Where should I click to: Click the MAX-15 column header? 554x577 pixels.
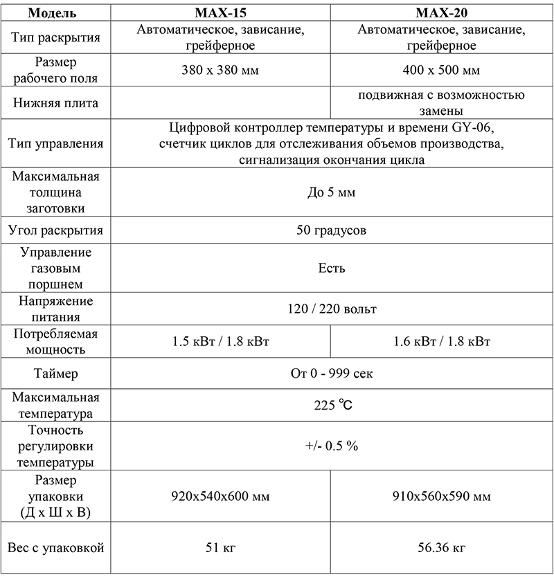[x=220, y=13]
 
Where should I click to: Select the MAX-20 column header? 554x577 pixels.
[x=441, y=13]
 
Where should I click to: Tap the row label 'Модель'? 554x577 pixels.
[x=55, y=13]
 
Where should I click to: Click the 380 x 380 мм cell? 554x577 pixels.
[x=220, y=70]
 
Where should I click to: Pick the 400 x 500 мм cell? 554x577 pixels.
[x=441, y=70]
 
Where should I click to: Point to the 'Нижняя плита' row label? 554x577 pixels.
[x=55, y=103]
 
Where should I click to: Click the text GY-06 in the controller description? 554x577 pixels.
[x=476, y=129]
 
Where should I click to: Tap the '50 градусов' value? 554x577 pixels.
[x=331, y=230]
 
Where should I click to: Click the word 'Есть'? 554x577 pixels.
[x=331, y=268]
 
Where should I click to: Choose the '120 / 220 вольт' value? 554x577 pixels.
[x=331, y=309]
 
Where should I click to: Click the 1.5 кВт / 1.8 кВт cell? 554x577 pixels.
[x=220, y=342]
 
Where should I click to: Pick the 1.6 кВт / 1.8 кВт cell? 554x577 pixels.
[x=441, y=342]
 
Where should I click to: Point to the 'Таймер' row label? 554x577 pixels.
[x=55, y=374]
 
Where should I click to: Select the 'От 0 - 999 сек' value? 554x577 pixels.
[x=331, y=374]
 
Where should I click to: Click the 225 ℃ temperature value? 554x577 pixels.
[x=331, y=406]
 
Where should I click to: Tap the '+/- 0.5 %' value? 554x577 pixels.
[x=331, y=446]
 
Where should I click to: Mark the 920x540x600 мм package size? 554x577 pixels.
[x=220, y=497]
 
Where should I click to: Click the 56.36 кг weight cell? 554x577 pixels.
[x=441, y=549]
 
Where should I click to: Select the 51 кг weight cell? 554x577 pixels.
[x=220, y=549]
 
